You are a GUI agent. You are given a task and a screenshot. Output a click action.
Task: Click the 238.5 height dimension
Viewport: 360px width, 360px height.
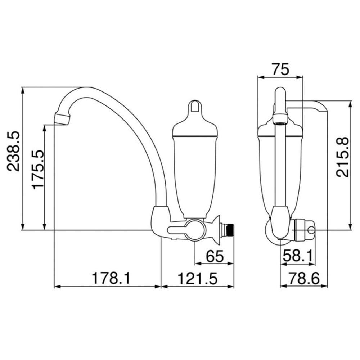coord(13,151)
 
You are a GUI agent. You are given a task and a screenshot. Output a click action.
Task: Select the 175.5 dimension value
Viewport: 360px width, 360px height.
coord(38,170)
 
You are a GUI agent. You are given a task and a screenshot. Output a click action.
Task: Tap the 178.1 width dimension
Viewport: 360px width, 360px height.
coord(111,278)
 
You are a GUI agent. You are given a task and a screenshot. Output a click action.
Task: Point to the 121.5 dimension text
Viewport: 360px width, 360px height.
coord(197,278)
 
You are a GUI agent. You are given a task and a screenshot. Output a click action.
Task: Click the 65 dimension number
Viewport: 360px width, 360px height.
coord(215,256)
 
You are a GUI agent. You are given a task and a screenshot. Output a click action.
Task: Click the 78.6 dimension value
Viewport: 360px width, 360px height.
coord(304,278)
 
